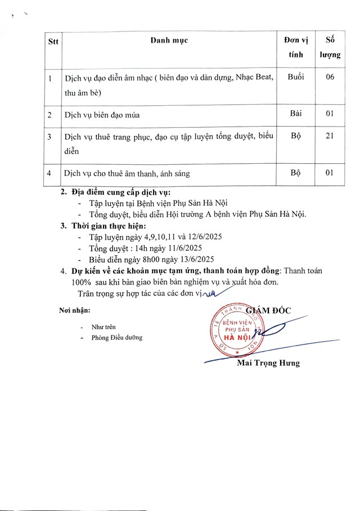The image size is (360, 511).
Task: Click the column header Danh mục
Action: pos(169,41)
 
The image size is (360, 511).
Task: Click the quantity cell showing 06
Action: pos(330,78)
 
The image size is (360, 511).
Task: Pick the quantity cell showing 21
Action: pos(330,137)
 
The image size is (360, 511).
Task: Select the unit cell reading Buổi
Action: pos(296,78)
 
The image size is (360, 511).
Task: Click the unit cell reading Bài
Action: pos(296,114)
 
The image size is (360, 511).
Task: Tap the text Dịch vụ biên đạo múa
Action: pos(102,115)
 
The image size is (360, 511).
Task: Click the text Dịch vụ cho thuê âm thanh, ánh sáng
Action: pos(127,174)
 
